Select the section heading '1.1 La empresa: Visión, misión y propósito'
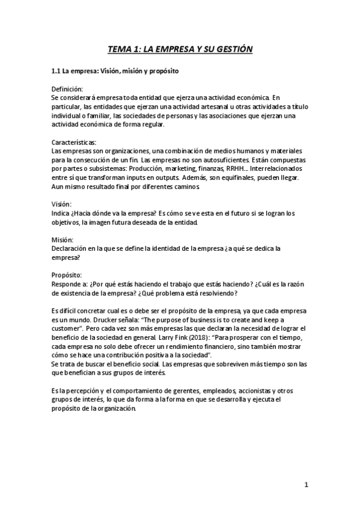[x=114, y=72]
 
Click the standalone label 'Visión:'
[x=62, y=204]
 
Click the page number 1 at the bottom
[x=306, y=484]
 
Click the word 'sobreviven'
[x=234, y=364]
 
